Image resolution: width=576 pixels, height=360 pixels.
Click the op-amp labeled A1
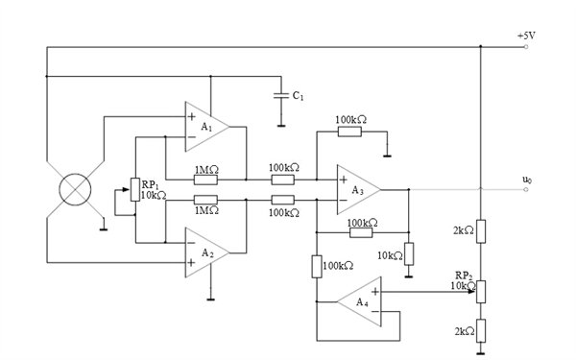[x=206, y=127]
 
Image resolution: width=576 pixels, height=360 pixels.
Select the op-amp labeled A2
[x=206, y=252]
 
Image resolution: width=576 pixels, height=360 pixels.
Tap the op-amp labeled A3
[x=359, y=189]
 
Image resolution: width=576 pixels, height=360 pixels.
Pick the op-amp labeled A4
[x=359, y=301]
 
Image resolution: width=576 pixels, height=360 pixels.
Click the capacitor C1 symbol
[x=281, y=95]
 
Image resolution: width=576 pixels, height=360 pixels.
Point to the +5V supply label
[x=526, y=36]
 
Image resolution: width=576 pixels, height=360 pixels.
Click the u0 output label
[x=527, y=180]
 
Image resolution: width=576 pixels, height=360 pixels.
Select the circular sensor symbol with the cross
[x=75, y=189]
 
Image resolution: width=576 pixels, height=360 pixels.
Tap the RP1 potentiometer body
[x=135, y=189]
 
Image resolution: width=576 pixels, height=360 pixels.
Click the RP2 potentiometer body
[x=481, y=292]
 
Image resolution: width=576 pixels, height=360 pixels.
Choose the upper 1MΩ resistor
[x=205, y=180]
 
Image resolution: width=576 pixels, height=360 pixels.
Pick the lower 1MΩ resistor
[x=205, y=200]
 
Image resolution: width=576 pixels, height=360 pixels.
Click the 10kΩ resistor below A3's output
[x=409, y=253]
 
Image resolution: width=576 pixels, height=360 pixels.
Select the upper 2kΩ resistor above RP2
[x=481, y=231]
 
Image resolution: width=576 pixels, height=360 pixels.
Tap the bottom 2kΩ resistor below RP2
[x=481, y=331]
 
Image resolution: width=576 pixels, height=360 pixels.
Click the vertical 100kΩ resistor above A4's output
[x=317, y=267]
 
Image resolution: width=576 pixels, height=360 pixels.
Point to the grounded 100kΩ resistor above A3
[x=349, y=132]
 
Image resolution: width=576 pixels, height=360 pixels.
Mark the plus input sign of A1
[x=191, y=117]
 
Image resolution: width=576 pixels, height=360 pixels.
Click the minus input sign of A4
[x=375, y=311]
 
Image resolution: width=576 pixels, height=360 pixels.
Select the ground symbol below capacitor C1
[x=281, y=126]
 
